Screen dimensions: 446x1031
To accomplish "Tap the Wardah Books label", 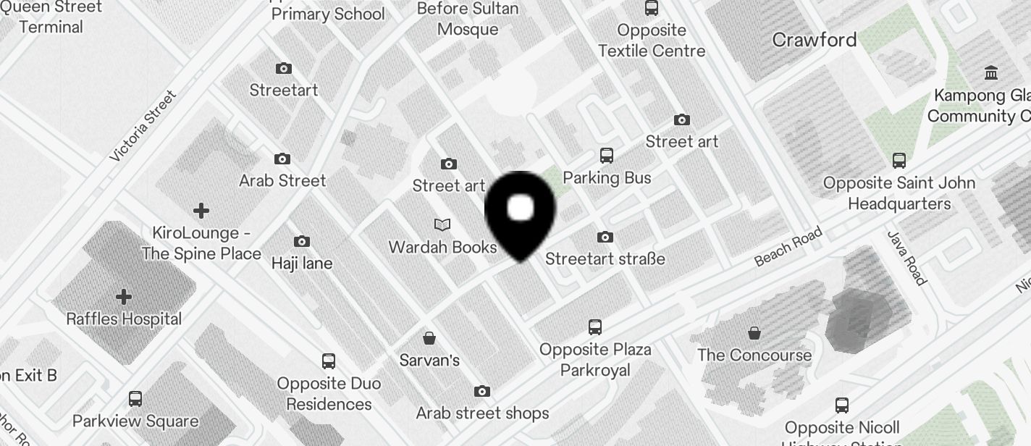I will point(442,247).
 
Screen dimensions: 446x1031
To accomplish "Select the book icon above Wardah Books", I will point(442,225).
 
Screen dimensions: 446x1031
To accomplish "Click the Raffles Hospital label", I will point(124,319).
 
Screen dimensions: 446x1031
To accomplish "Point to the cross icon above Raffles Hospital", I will point(124,297).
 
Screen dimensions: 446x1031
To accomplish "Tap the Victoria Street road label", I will point(143,126).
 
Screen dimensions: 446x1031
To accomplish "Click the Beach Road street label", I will point(788,246).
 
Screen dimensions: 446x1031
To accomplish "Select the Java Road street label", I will point(906,258).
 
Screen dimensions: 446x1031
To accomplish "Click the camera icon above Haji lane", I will point(302,241).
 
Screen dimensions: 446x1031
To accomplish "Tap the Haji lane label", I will point(302,264).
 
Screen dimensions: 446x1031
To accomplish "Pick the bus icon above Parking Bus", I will point(607,156).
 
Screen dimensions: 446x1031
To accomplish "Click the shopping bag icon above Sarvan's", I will point(429,338).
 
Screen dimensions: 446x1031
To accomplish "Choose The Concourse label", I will point(754,355).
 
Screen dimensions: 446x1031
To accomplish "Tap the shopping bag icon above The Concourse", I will point(754,333).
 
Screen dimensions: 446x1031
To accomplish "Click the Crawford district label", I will point(815,40).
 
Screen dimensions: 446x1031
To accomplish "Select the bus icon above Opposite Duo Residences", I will point(329,361).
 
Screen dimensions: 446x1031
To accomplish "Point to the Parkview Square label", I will point(135,421).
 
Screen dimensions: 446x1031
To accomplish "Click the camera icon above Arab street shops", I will point(482,392).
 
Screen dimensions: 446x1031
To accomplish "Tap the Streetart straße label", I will point(605,258).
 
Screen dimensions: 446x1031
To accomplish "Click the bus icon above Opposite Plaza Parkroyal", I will point(595,327).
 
